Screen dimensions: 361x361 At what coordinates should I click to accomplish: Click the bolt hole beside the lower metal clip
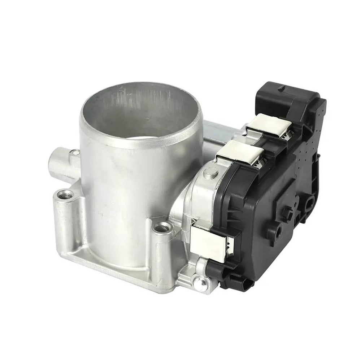[x=161, y=227]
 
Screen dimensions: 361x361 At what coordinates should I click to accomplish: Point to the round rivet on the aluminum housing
[x=210, y=173]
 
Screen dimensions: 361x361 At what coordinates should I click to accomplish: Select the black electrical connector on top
[x=285, y=97]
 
